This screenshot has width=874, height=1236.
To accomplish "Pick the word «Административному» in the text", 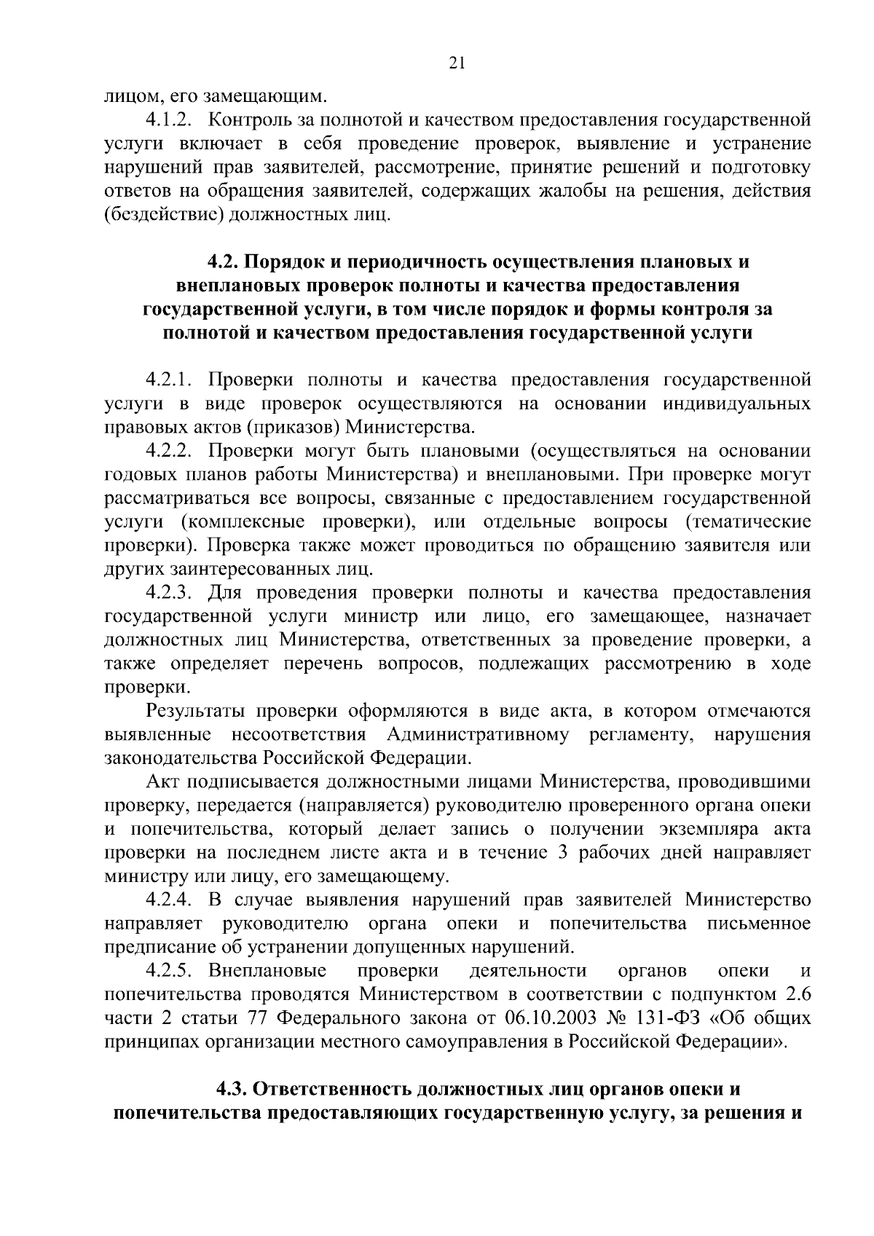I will tap(478, 734).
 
